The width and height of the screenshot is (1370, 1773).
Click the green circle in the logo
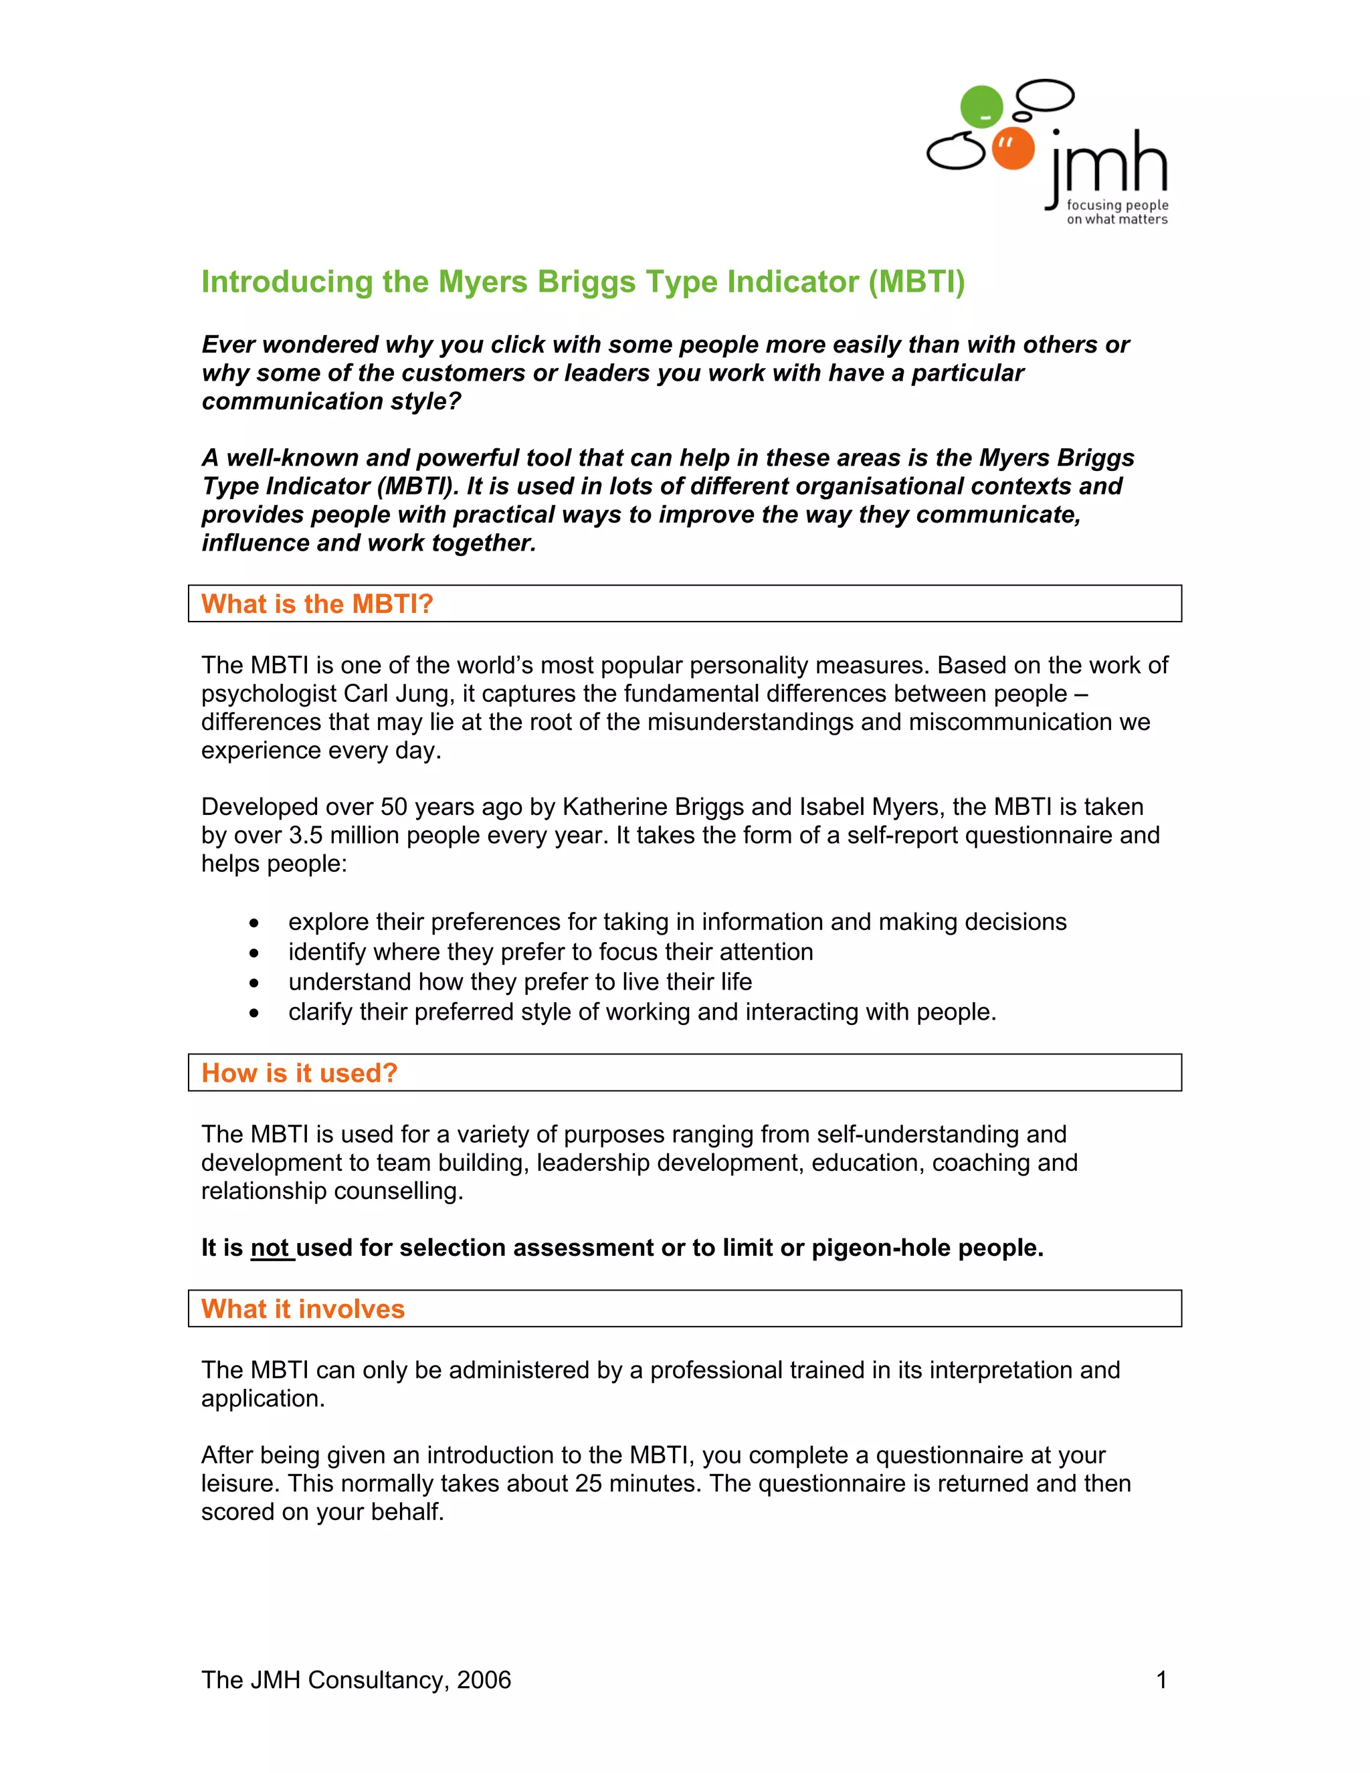[981, 106]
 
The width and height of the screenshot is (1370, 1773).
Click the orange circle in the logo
[1013, 149]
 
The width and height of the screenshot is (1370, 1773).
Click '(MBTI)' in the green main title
[916, 282]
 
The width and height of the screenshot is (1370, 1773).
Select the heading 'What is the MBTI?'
[317, 604]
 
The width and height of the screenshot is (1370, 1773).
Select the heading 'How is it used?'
[300, 1073]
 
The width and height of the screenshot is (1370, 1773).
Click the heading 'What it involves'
[303, 1309]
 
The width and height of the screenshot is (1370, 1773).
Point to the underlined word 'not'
[270, 1248]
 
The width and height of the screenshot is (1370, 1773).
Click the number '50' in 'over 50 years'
[393, 807]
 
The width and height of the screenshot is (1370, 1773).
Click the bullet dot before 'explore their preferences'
[255, 924]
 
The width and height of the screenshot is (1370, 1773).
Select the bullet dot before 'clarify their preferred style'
[255, 1013]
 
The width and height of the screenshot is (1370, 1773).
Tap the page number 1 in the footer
[1161, 1679]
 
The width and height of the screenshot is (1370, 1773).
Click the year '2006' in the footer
[484, 1679]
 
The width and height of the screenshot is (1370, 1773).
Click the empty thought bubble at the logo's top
[1046, 95]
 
